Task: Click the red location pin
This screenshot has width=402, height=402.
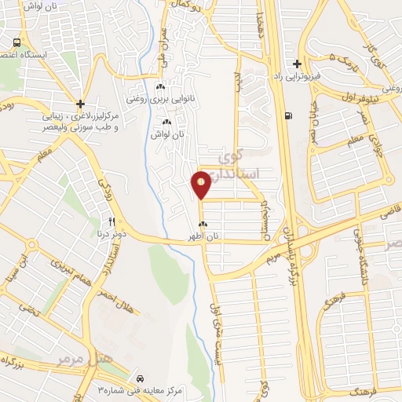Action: click(201, 185)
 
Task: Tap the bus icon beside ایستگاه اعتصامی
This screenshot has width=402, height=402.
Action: click(16, 42)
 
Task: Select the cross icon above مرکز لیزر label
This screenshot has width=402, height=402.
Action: click(81, 103)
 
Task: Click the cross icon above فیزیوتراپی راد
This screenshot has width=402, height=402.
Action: click(296, 64)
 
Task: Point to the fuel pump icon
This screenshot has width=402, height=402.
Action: click(291, 116)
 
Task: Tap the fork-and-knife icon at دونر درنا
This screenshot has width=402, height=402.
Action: click(112, 221)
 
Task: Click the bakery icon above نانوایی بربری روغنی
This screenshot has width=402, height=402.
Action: click(160, 87)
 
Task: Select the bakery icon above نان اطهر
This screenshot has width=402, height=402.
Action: click(203, 224)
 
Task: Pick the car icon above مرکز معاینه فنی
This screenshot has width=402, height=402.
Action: click(140, 376)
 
